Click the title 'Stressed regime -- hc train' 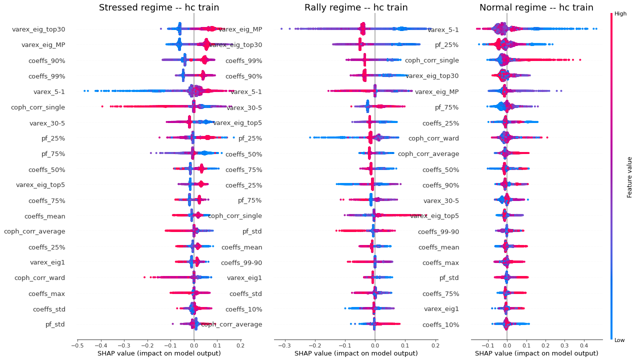(159, 7)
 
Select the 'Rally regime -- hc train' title (356, 7)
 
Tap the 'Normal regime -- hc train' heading (536, 7)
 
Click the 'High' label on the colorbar (620, 14)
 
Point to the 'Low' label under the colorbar (619, 340)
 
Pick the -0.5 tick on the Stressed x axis (77, 344)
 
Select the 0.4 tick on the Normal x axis (583, 344)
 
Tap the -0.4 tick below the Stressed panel (100, 344)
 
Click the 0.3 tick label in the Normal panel (564, 344)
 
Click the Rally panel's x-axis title (356, 353)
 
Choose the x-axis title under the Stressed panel (159, 353)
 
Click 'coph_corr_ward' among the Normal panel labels (433, 138)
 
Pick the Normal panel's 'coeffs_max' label (440, 262)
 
